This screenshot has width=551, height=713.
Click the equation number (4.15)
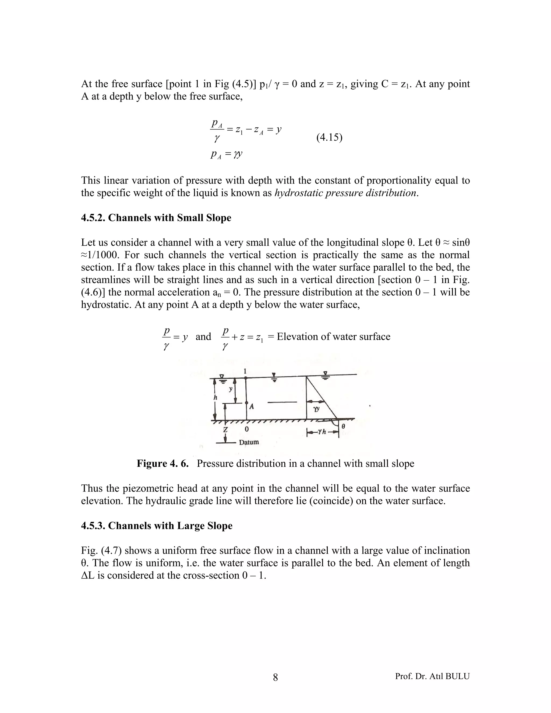[x=329, y=138]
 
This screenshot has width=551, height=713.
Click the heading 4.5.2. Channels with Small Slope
[x=156, y=218]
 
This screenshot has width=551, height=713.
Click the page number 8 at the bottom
[x=275, y=678]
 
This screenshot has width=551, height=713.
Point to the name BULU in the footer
[x=457, y=676]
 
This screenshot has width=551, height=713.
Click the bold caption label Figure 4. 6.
[x=163, y=464]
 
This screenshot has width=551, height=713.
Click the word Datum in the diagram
[x=249, y=442]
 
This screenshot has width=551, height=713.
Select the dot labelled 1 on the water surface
[x=245, y=378]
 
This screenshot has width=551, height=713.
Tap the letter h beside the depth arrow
[x=215, y=397]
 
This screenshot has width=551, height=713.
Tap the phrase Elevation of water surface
[x=333, y=337]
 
